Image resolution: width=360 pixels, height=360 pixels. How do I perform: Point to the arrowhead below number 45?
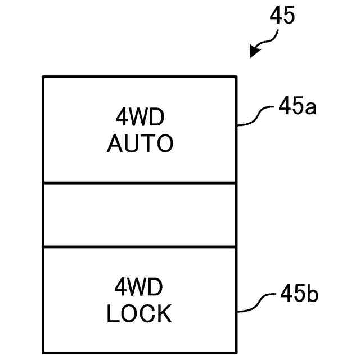(x=254, y=52)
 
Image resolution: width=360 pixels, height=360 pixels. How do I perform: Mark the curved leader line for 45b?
(x=256, y=303)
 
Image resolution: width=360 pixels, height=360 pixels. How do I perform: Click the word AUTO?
(x=140, y=145)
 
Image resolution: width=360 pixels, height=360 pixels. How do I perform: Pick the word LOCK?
(x=139, y=314)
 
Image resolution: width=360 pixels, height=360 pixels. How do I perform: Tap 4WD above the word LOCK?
(x=139, y=287)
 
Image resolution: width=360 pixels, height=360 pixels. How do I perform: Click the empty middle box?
(x=139, y=214)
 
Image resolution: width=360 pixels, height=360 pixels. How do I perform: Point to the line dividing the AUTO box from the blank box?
(x=139, y=183)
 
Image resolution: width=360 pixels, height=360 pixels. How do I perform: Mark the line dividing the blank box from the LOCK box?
(x=139, y=246)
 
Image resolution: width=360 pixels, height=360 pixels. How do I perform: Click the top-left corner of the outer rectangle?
(x=43, y=76)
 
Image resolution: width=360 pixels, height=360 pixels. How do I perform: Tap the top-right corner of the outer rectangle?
(x=236, y=76)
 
